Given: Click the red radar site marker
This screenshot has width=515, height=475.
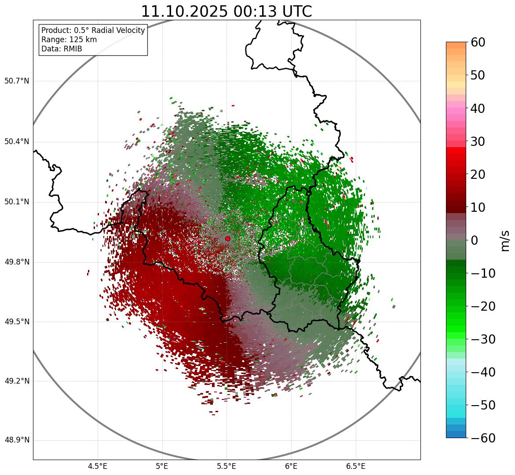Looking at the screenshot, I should click(x=227, y=239).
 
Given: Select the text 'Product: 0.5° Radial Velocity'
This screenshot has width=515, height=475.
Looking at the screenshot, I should click(x=93, y=30).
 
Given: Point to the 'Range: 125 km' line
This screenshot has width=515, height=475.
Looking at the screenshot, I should click(x=69, y=40).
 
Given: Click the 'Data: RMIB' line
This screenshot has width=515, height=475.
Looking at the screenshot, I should click(x=62, y=49).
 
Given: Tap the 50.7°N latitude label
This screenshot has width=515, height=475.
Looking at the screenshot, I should click(x=17, y=81).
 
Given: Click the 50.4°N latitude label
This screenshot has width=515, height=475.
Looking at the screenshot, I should click(x=17, y=141).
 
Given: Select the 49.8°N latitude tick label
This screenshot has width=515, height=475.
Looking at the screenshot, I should click(x=17, y=262).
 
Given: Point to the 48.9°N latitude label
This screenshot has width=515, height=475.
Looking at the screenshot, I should click(x=17, y=440).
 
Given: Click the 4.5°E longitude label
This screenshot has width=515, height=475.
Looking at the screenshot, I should click(x=98, y=466).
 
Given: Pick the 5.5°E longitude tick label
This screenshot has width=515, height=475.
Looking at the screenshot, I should click(x=226, y=466).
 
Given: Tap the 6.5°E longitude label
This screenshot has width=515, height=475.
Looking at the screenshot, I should click(x=355, y=466).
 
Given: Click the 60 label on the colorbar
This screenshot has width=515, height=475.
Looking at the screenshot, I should click(x=478, y=42).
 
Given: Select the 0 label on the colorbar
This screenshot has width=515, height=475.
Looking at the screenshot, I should click(x=475, y=240).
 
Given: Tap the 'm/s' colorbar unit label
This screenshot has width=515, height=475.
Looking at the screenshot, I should click(x=505, y=240).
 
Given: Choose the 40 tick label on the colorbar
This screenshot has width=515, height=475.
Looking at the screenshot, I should click(x=478, y=108).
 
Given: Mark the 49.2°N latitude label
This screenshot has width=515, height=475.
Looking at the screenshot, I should click(x=17, y=381).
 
